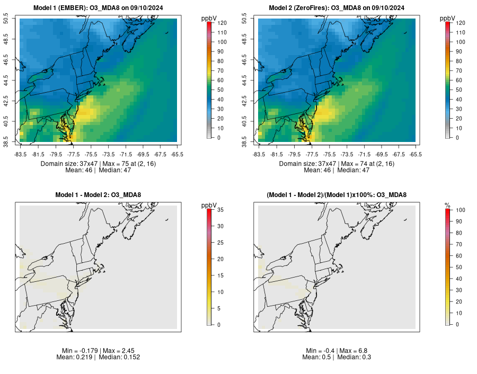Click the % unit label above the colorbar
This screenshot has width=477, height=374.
point(447,205)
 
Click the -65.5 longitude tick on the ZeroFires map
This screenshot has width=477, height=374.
point(416,154)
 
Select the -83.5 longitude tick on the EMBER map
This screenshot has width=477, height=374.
point(20,154)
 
